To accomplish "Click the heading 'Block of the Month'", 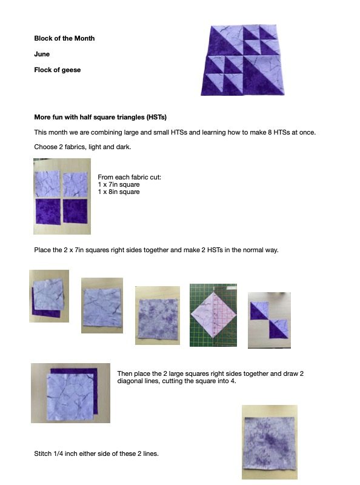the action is tap(64, 38).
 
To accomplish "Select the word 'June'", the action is tap(42, 54).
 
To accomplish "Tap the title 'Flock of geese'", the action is tap(57, 70).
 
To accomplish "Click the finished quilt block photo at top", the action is tap(242, 60).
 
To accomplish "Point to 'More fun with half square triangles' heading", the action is tap(100, 117).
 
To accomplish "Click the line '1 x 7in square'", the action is tap(119, 185).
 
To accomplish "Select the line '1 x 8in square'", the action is tap(119, 192).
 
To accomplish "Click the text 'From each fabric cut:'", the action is tap(129, 177).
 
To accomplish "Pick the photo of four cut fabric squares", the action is tap(62, 196).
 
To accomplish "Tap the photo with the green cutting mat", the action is tap(213, 315).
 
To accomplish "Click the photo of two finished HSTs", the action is tap(269, 320).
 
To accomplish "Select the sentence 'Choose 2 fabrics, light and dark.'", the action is tap(82, 147).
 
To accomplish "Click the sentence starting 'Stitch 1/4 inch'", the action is tap(96, 453).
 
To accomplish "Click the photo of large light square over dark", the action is tap(70, 393).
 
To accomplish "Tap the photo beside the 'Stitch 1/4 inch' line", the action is tap(269, 442).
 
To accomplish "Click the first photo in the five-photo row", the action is tap(49, 296).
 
